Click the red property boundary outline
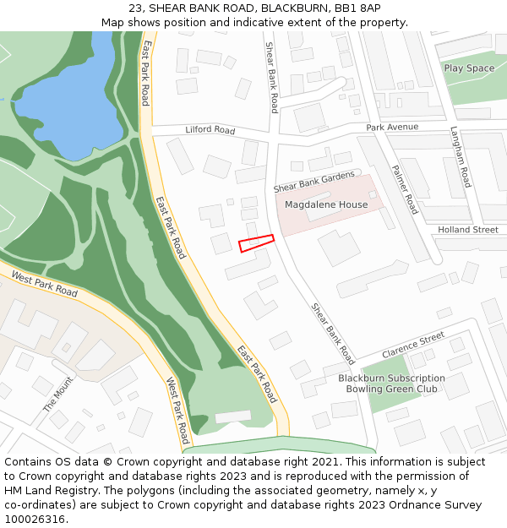[x=256, y=243]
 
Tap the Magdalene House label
[x=326, y=204]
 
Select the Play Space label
[x=469, y=68]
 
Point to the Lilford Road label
[x=210, y=130]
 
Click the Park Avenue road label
[x=392, y=127]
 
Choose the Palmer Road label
[x=405, y=188]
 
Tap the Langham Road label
[x=460, y=156]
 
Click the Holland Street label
[x=467, y=230]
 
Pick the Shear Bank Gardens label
[x=314, y=181]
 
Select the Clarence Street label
[x=412, y=345]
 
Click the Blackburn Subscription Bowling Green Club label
[x=391, y=384]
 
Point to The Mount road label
[x=58, y=395]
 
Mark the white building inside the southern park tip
[x=233, y=416]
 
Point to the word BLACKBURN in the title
[x=294, y=8]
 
